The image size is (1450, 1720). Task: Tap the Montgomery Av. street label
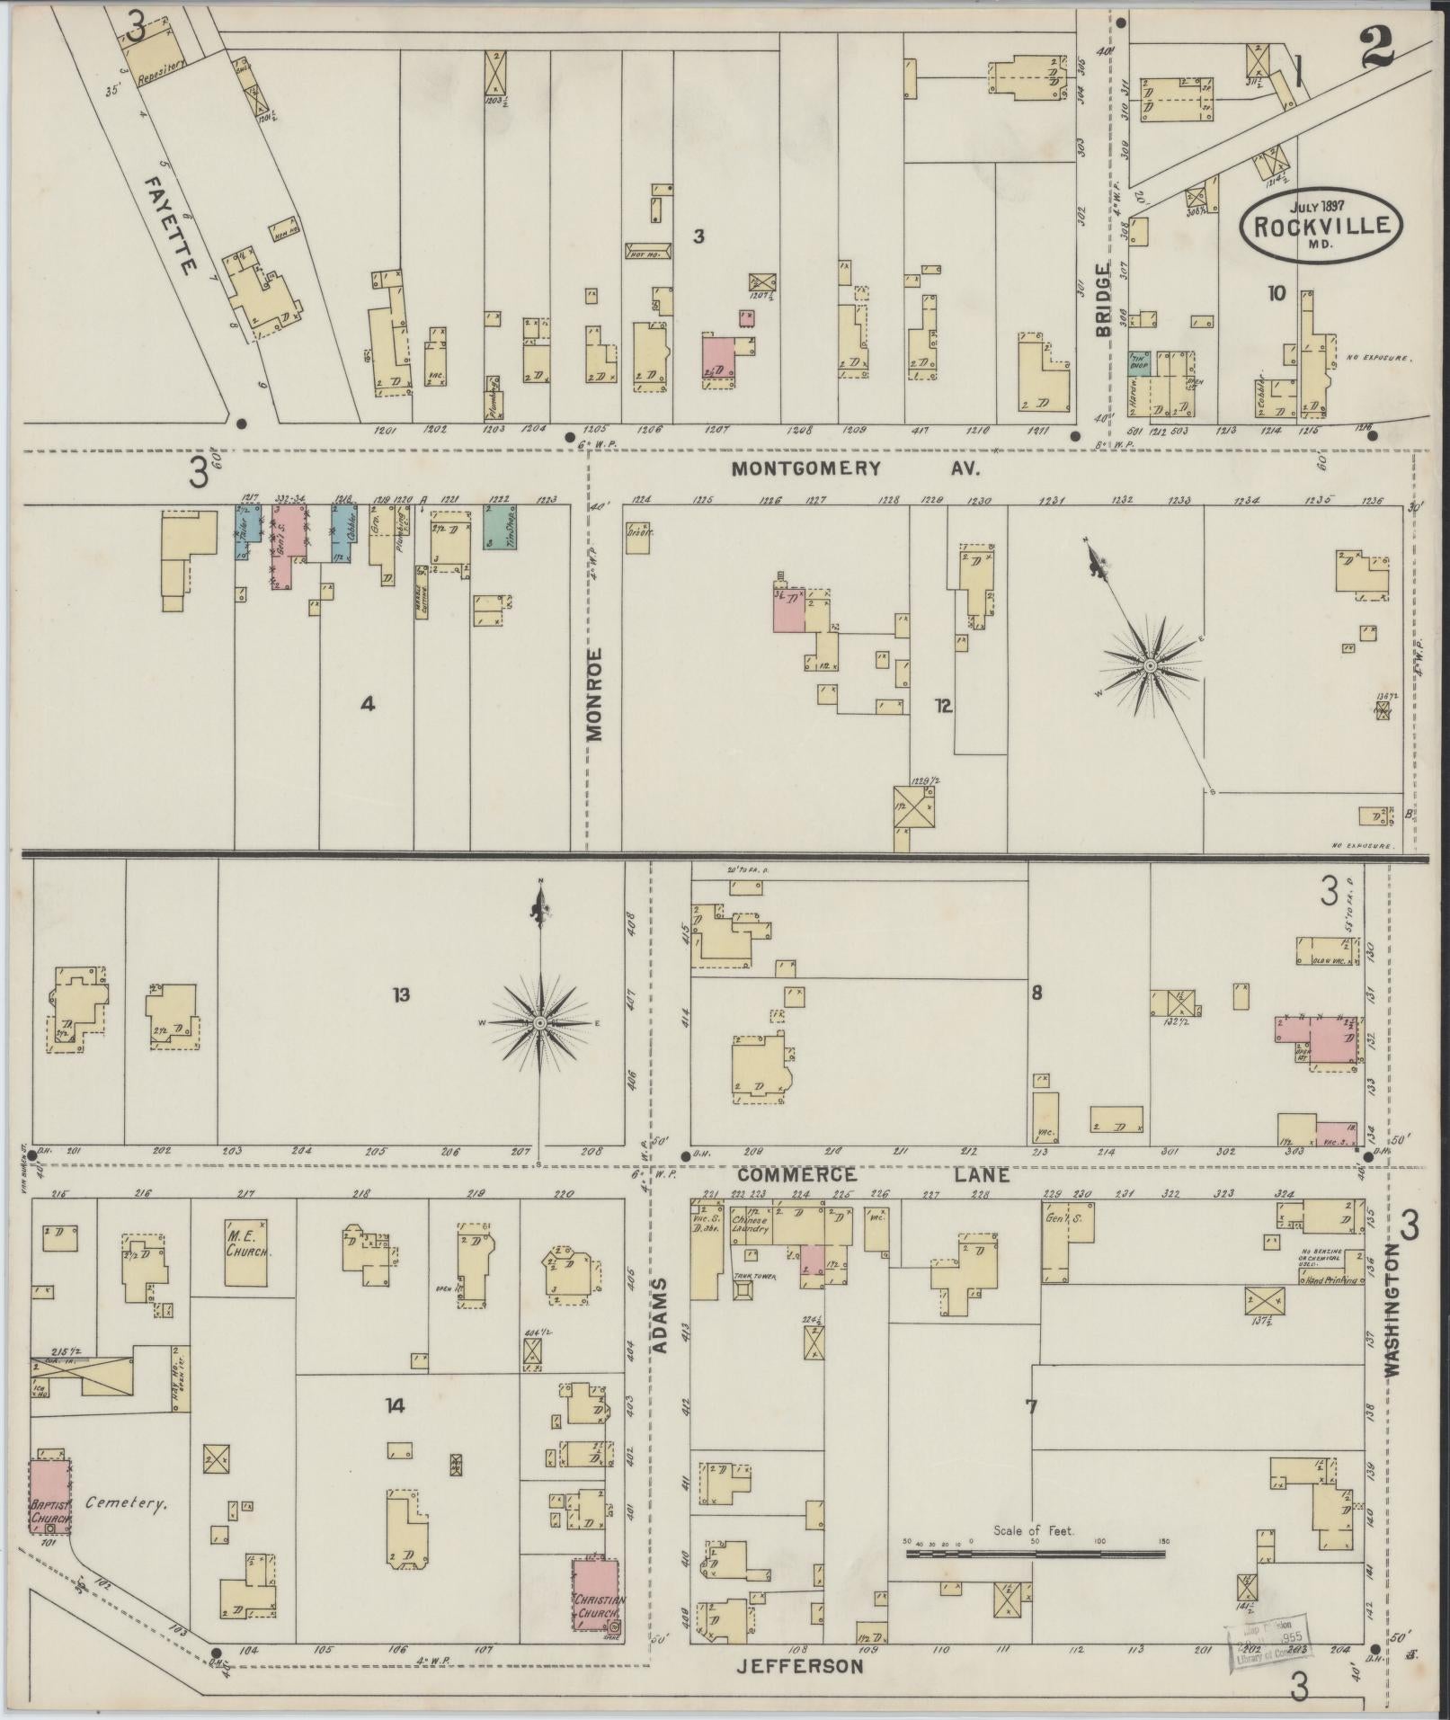[x=854, y=468]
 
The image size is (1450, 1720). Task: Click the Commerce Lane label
[x=872, y=1175]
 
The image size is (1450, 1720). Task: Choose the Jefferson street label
[x=800, y=1667]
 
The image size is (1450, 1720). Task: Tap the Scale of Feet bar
[x=1035, y=1553]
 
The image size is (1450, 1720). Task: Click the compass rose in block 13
[x=540, y=1024]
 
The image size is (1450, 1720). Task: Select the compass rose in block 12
[x=1150, y=666]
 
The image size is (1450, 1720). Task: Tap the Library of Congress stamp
[x=1269, y=1638]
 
